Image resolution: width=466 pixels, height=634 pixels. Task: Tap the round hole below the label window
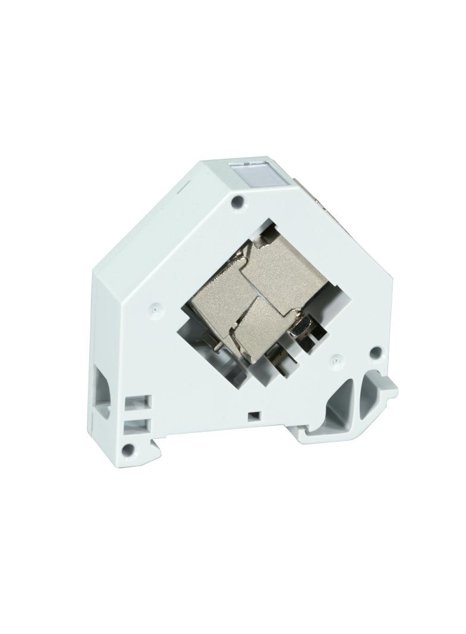tap(238, 201)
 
